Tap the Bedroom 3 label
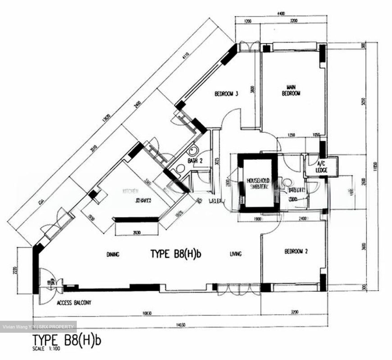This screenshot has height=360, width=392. click(x=226, y=94)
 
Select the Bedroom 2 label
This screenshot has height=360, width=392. click(x=296, y=251)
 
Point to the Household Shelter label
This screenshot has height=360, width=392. click(x=258, y=183)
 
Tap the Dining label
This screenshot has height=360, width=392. click(x=113, y=255)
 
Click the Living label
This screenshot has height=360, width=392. click(x=235, y=254)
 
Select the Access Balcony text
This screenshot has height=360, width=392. click(x=74, y=303)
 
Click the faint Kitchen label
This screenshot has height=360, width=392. click(x=130, y=191)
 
